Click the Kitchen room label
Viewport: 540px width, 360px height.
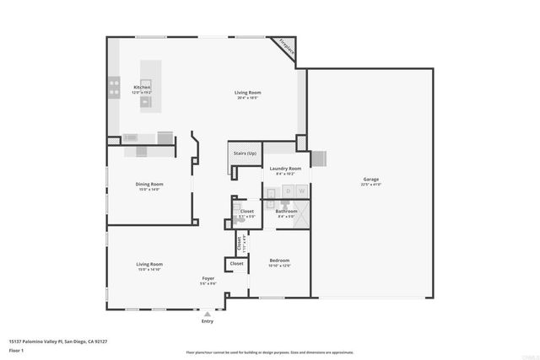(142, 87)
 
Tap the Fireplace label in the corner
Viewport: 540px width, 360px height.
(287, 49)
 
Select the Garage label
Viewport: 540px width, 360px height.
(370, 179)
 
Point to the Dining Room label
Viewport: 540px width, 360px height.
(149, 184)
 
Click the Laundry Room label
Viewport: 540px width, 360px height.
(285, 169)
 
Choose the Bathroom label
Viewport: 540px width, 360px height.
(286, 211)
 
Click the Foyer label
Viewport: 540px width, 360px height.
(208, 278)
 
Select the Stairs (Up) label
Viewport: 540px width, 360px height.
(245, 153)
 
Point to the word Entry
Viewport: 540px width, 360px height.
(208, 321)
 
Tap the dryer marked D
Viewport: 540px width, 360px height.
(287, 191)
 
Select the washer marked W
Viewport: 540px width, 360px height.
(300, 191)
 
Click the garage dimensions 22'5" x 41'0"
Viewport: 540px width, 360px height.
(370, 184)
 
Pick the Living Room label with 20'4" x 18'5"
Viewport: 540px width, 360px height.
(247, 92)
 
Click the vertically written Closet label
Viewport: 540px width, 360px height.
(239, 244)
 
